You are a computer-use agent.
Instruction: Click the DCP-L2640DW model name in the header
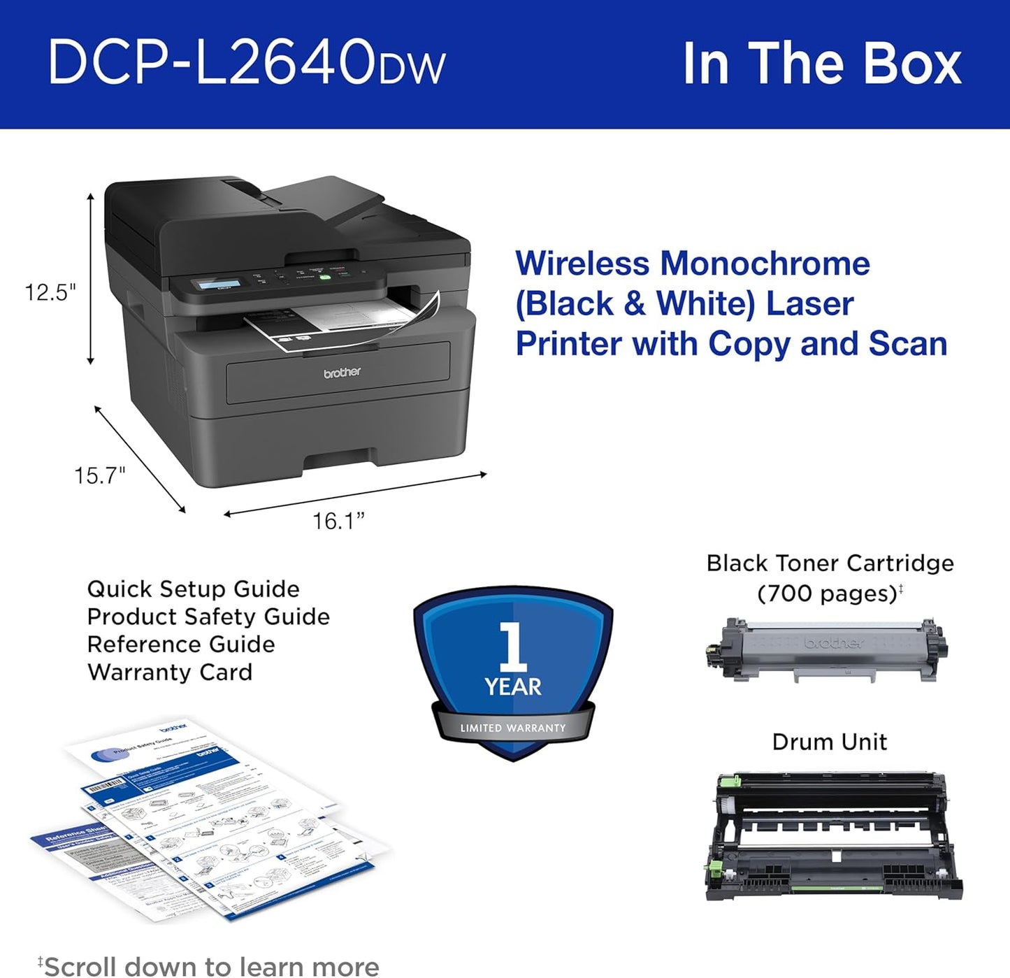tap(246, 63)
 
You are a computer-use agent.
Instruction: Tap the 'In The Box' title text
tap(822, 64)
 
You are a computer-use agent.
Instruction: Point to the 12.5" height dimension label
tap(50, 292)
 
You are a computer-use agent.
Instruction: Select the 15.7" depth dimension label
tap(100, 476)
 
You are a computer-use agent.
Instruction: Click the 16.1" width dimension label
tap(338, 522)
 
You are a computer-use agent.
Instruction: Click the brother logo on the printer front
tap(342, 373)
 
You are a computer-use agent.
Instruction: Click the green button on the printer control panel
tap(324, 277)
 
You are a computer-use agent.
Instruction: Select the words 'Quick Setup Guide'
tap(193, 589)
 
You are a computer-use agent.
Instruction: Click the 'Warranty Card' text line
tap(170, 673)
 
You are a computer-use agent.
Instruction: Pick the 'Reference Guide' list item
tap(181, 645)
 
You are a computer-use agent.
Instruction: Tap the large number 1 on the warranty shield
tap(512, 646)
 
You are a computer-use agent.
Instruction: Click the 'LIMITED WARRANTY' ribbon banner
tap(513, 728)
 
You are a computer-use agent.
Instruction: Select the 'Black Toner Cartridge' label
tap(830, 563)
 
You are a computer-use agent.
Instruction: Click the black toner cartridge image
tap(827, 650)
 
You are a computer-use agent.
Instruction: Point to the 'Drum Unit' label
tap(829, 742)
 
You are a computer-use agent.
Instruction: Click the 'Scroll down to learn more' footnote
tap(210, 966)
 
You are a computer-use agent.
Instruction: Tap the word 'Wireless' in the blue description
tap(582, 264)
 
